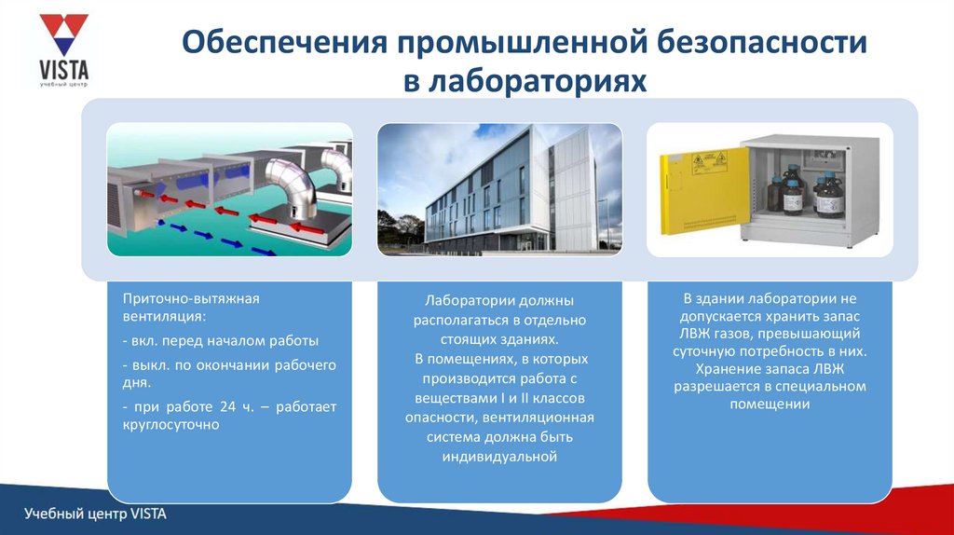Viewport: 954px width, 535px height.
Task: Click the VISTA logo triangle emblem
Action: click(x=64, y=34)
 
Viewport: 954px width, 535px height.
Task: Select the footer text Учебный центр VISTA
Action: click(x=96, y=514)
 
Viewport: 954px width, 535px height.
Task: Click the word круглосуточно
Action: click(x=171, y=425)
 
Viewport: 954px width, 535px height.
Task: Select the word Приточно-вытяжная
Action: click(x=191, y=299)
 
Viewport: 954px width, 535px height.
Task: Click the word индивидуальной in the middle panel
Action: click(x=499, y=457)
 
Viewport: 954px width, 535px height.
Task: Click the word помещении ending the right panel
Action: click(x=770, y=405)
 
